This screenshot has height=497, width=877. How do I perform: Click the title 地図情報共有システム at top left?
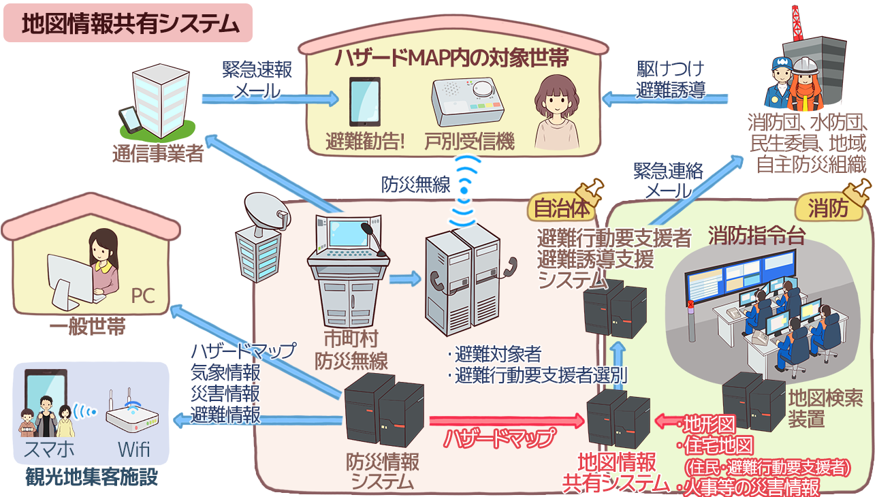click(129, 24)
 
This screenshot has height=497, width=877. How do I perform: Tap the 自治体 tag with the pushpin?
click(552, 208)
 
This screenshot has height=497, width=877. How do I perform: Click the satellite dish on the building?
click(261, 212)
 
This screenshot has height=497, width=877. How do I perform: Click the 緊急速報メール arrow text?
click(257, 80)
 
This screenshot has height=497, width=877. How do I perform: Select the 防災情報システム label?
click(382, 472)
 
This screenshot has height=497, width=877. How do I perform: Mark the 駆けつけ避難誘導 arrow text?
click(671, 80)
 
